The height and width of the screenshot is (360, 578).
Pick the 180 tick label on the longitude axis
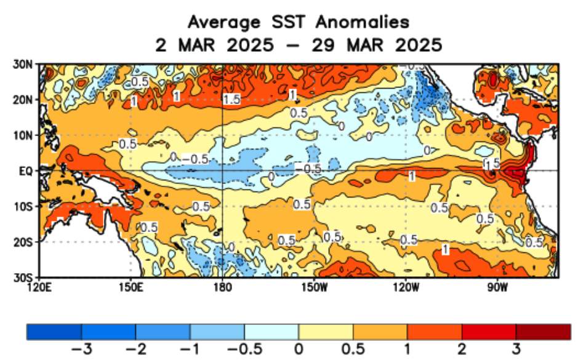coord(222,286)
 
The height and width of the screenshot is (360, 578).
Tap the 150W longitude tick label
coord(313,286)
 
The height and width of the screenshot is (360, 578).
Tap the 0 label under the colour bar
coord(299,350)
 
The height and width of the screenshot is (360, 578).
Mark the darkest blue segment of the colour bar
coord(54,332)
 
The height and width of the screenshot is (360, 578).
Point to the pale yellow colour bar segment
coord(326,332)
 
